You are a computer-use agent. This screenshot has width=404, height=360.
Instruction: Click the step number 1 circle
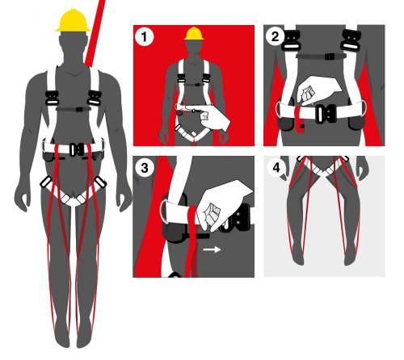click(144, 36)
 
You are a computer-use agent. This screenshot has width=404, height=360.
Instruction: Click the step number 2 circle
click(275, 36)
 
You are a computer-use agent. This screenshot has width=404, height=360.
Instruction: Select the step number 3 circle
click(145, 168)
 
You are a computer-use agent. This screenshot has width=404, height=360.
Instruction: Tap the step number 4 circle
click(276, 168)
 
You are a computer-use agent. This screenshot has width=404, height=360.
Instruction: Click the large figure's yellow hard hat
click(73, 20)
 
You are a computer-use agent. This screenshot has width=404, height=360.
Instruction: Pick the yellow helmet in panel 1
click(194, 33)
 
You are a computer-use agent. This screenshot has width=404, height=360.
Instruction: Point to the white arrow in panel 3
click(212, 249)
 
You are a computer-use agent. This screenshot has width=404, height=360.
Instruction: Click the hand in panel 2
click(317, 90)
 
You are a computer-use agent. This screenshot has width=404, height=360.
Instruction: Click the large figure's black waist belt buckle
click(77, 150)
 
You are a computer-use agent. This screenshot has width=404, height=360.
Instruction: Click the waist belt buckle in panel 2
click(326, 114)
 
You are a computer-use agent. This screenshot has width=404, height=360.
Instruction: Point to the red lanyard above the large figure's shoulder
click(95, 33)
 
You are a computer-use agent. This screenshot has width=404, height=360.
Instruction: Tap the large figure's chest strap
click(74, 109)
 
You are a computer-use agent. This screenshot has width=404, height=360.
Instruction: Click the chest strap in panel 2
click(321, 57)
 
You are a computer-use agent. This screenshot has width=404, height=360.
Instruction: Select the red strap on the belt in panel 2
click(299, 119)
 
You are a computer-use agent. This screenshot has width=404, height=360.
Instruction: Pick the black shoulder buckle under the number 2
click(291, 40)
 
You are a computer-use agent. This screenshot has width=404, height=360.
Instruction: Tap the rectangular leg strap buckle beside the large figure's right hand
click(46, 182)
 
